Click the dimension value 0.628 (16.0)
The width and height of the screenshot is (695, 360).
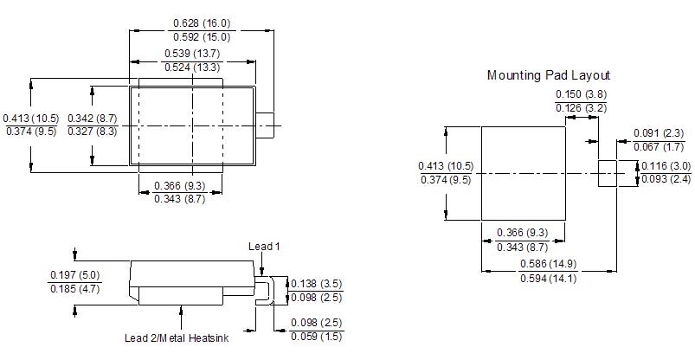coord(202,23)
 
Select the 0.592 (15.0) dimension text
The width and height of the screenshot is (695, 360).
coord(202,37)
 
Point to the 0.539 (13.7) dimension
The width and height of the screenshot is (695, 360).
coord(192,54)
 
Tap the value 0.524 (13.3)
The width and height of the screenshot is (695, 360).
coord(192,67)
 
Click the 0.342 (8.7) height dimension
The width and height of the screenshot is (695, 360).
coord(93,119)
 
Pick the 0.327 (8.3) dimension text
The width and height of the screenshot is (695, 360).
coord(93,132)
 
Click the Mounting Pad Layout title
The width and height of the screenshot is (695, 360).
coord(549,75)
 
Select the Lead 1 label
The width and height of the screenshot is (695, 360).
coord(264,247)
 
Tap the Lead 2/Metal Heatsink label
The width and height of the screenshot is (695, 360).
coord(177,338)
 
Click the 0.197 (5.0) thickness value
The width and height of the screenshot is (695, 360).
coord(75,275)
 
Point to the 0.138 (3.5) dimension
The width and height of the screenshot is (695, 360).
coord(317,284)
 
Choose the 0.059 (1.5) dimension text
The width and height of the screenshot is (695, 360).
coord(317,337)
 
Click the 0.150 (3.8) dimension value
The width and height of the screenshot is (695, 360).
coord(581,94)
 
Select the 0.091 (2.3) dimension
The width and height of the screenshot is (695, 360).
coord(659,133)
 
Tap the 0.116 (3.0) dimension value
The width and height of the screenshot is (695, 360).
coord(666,166)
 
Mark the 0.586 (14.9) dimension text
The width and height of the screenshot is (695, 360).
coord(548,264)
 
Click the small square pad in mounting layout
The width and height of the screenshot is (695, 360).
coord(608,173)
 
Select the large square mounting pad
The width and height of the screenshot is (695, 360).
coord(524,173)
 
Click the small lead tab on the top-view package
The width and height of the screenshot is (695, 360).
coord(265,125)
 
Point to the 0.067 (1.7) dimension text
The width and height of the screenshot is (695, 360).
coord(659,147)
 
